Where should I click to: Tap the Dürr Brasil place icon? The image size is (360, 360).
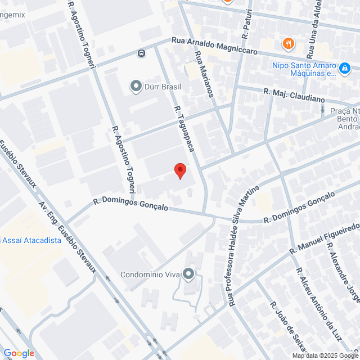pos(136,86)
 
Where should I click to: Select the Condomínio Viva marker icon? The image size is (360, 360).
pos(188,274)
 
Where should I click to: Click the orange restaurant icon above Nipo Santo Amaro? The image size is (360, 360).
pos(288,43)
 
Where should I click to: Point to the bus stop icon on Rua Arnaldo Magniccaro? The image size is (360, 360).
pos(141,53)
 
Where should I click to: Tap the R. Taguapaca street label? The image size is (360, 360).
pos(185,129)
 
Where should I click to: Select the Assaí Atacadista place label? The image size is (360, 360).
pos(31,240)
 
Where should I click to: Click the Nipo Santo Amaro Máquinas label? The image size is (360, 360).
pos(304,69)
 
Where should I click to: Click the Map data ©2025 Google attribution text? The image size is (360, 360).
pos(325,355)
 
